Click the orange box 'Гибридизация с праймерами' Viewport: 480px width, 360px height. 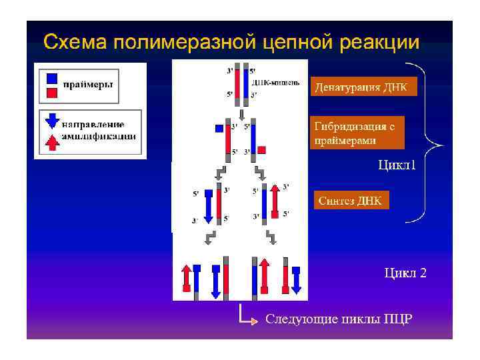tap(359, 133)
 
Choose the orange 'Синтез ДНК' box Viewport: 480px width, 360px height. tap(350, 201)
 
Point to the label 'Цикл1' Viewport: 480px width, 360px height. tap(397, 165)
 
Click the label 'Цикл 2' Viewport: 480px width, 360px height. tap(404, 272)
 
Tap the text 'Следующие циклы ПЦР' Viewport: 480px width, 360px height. tap(339, 319)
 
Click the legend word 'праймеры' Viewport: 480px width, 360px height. tap(87, 84)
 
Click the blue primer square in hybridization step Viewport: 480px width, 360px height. tap(219, 129)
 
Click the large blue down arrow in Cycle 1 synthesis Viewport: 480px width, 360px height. tap(207, 206)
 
